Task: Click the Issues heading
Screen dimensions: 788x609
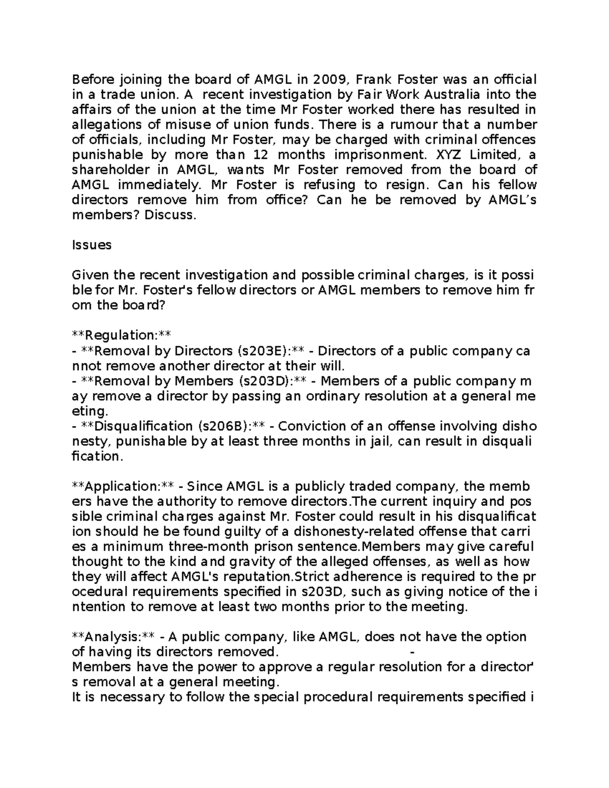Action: point(91,245)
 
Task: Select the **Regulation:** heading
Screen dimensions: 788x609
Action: point(121,335)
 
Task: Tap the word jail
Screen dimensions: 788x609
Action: point(381,441)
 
